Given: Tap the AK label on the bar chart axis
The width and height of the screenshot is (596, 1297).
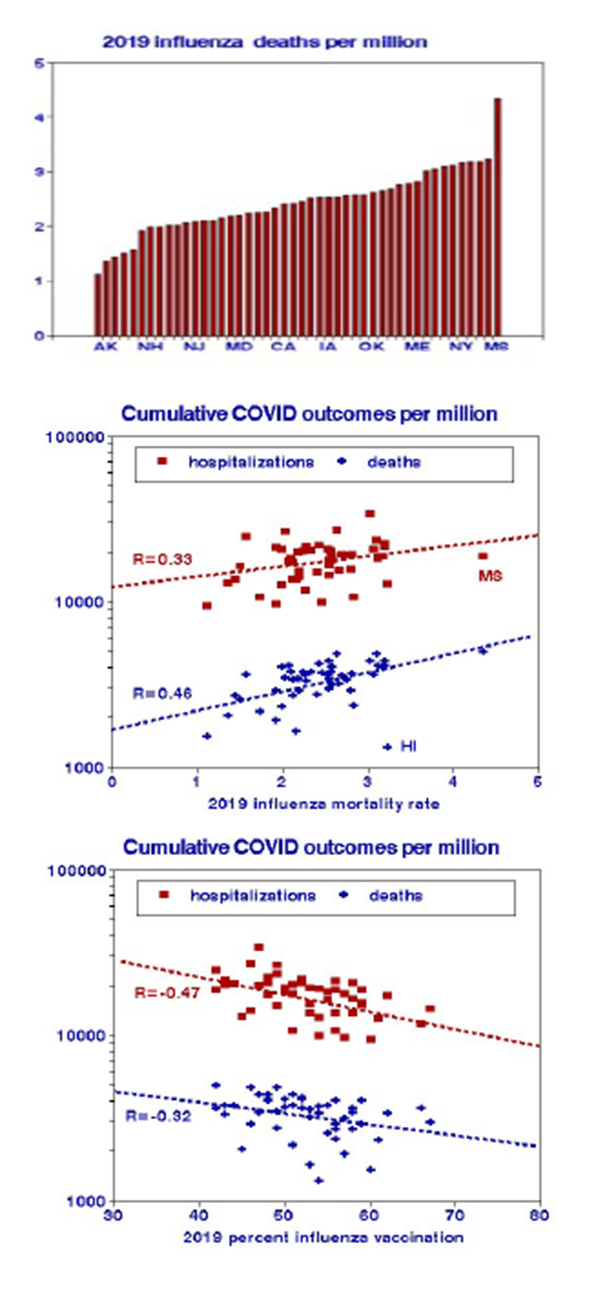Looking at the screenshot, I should point(104,347).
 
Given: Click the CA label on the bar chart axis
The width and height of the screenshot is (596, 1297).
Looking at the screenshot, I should point(283,347).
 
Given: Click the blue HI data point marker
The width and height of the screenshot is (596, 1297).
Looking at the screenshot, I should point(387,746).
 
